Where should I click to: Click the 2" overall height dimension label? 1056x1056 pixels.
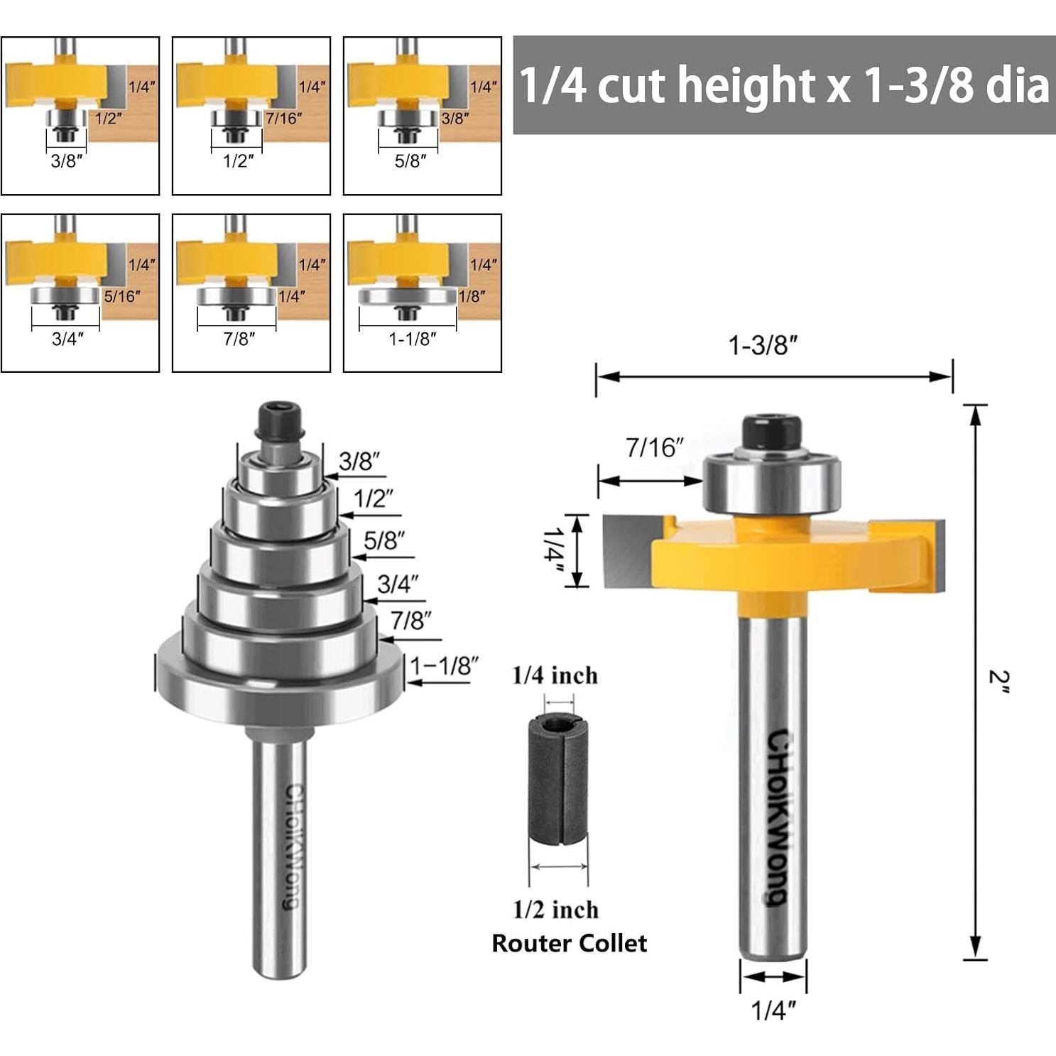[x=998, y=682]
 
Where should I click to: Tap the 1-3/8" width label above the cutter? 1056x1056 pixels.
[x=763, y=346]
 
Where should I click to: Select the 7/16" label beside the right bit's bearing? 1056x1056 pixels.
[x=654, y=448]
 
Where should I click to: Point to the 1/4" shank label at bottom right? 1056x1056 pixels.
[x=773, y=1010]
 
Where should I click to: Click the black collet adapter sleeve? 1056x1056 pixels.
[x=558, y=778]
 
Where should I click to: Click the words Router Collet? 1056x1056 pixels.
[x=570, y=943]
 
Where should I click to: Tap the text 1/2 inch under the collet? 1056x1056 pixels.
[x=556, y=910]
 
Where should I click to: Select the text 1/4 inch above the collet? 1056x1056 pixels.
[x=555, y=675]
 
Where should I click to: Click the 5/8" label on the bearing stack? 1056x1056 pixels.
[x=384, y=540]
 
